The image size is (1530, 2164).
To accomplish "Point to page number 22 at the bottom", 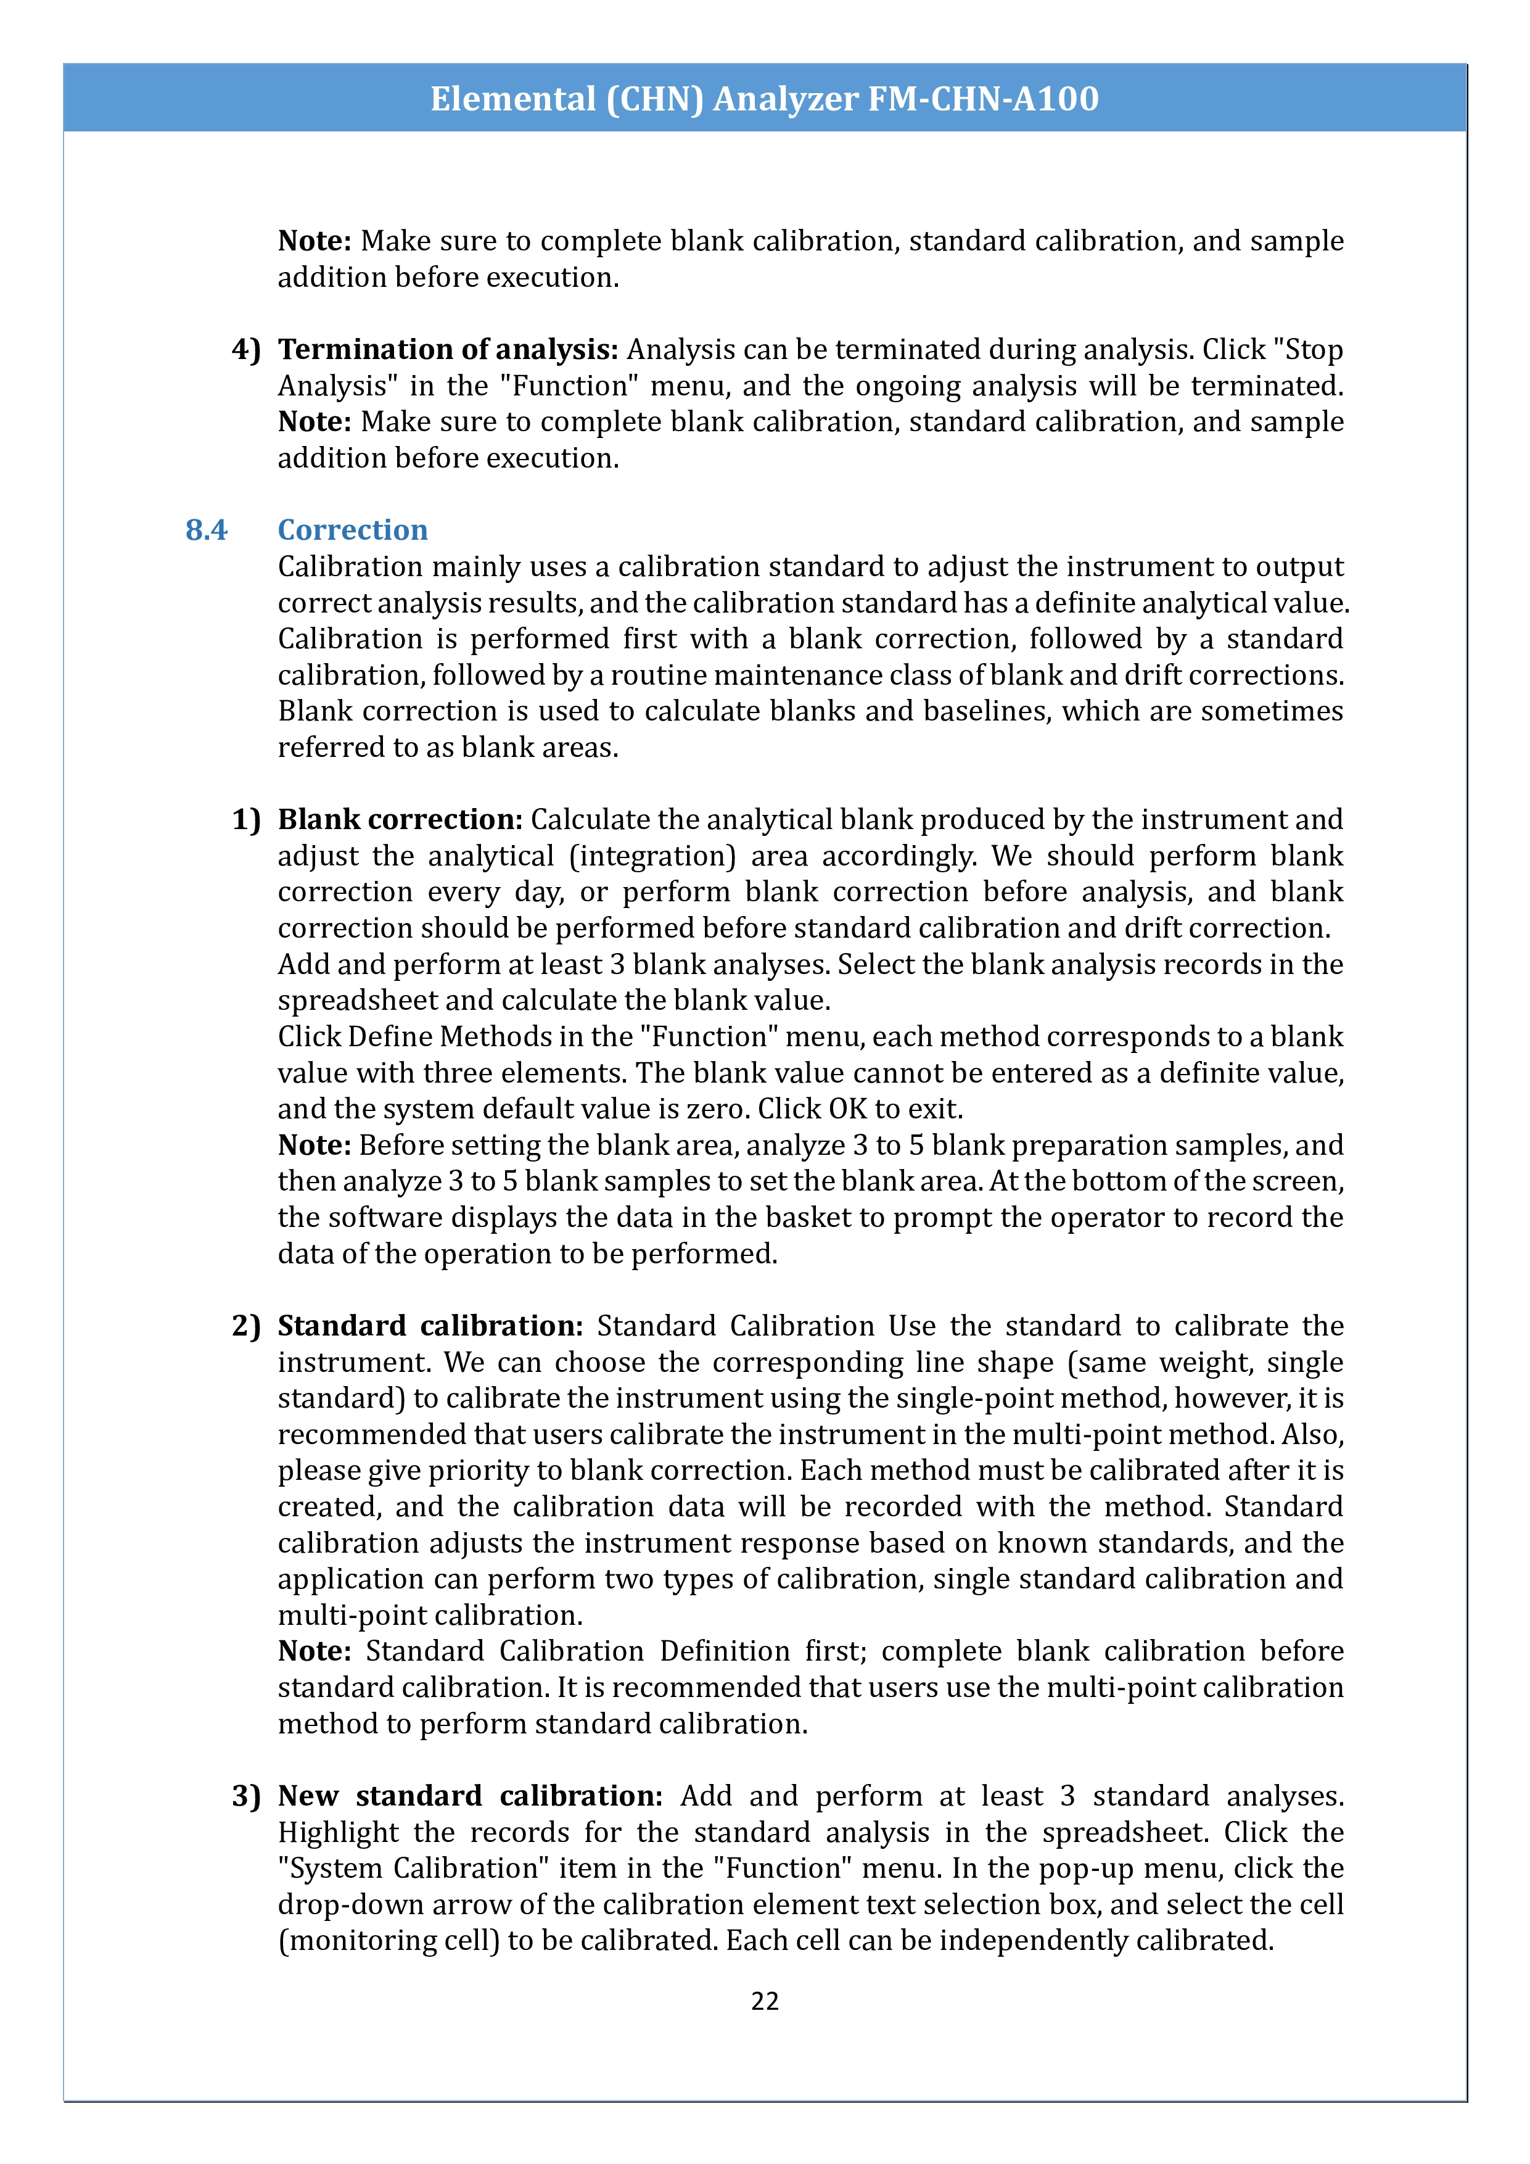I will point(765,2001).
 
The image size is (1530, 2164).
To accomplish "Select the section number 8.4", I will point(207,530).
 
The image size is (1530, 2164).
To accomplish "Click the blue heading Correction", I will point(352,530).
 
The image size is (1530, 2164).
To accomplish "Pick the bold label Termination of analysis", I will point(448,350).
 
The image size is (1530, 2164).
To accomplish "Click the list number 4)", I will point(246,350).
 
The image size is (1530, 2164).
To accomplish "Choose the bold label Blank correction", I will point(400,819).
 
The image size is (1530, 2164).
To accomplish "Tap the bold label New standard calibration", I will point(470,1796).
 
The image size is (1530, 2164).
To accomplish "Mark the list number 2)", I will point(246,1326).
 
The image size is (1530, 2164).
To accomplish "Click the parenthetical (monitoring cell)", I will point(388,1941).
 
